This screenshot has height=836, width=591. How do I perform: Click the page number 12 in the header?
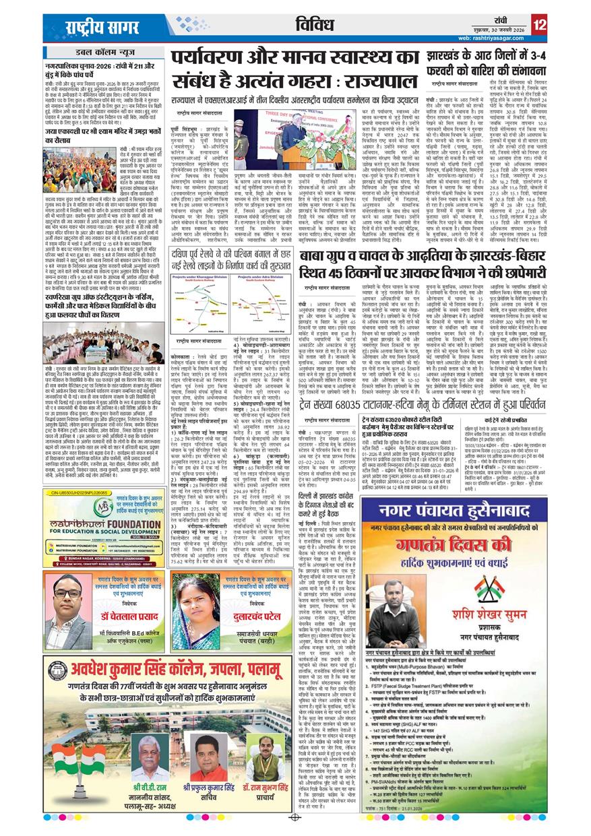(x=538, y=26)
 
